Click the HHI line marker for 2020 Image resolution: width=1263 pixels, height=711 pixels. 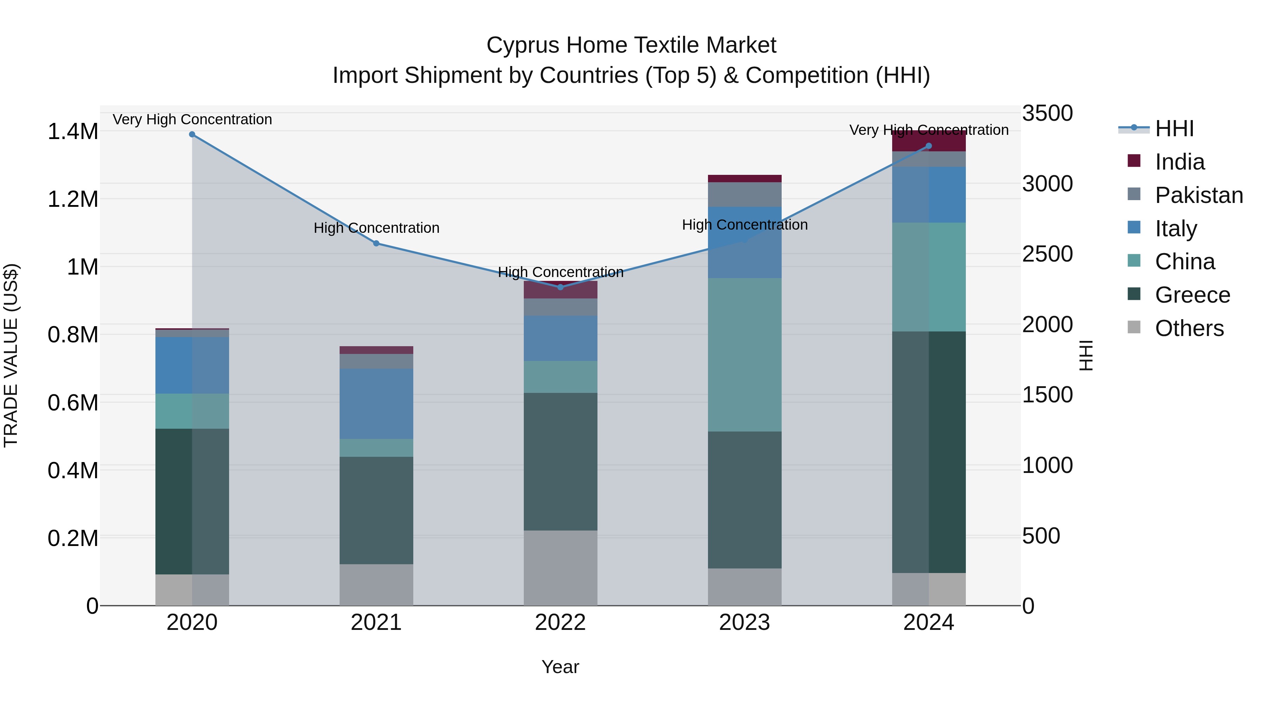(x=192, y=134)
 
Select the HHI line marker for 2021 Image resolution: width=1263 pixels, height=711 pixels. (x=376, y=243)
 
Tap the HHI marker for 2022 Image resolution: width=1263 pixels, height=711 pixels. (x=560, y=287)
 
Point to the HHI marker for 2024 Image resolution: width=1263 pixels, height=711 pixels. (x=929, y=146)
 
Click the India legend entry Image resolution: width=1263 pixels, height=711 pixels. (x=1179, y=162)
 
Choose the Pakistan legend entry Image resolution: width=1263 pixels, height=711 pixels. (x=1198, y=195)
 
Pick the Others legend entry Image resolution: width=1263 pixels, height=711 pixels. (x=1189, y=328)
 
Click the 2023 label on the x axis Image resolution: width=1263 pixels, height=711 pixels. (x=744, y=623)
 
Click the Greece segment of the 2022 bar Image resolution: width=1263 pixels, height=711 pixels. (x=560, y=461)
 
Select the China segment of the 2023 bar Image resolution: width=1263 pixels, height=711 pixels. (x=744, y=355)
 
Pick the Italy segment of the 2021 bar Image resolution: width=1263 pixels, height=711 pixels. (x=376, y=403)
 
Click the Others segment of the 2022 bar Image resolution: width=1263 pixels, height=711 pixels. (x=560, y=568)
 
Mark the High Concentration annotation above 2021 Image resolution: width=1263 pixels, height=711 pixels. (x=376, y=228)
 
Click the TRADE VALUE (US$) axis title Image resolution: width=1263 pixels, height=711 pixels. (x=11, y=355)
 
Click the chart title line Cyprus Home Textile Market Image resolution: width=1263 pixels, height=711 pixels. (x=631, y=45)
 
